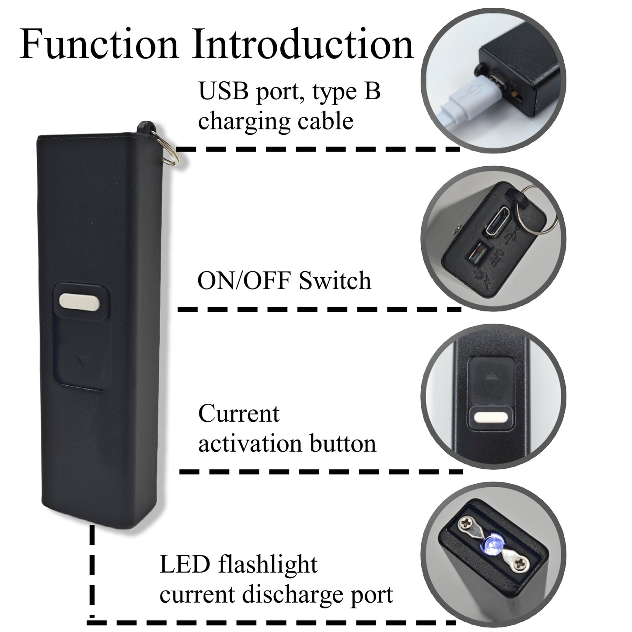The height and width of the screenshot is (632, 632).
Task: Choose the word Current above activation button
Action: pyautogui.click(x=238, y=413)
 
